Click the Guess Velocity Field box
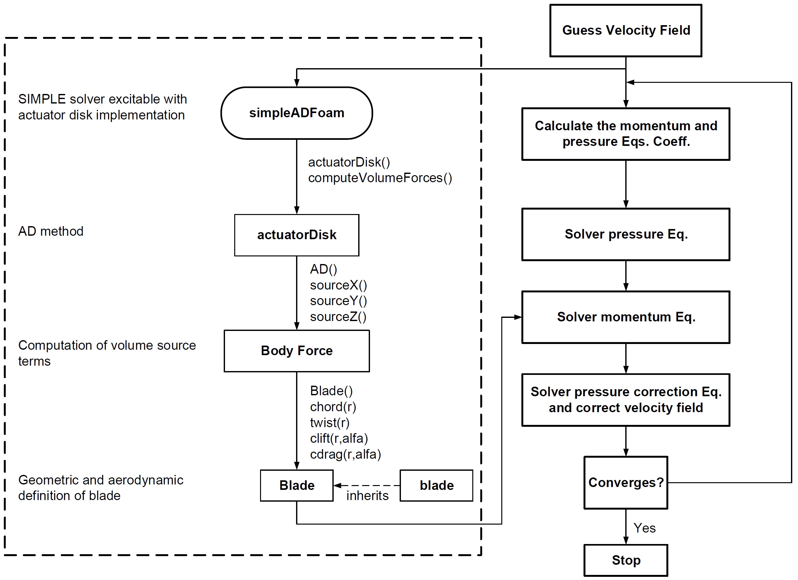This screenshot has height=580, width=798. coord(626,31)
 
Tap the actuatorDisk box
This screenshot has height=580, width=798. coord(297,235)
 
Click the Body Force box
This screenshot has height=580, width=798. coord(297,351)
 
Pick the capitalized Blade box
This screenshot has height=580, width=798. coord(297,485)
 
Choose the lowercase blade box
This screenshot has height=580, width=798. coord(436,485)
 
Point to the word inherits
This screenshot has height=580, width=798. coord(367,496)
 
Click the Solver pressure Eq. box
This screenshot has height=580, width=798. coord(626,234)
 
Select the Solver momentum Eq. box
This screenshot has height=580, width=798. coord(626,317)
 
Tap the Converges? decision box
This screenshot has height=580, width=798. coord(626,483)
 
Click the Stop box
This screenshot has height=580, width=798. coord(626,560)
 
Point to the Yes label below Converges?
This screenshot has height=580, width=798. coord(644,528)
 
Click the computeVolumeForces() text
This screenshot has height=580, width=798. coord(380,178)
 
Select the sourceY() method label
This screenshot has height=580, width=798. coord(338,301)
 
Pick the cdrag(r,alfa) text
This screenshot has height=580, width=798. coord(345,454)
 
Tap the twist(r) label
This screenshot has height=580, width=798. coord(330,422)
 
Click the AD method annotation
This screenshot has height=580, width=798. coord(51,232)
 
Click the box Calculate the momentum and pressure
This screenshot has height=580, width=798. coord(626,134)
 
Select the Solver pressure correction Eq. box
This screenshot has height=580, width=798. coord(626,400)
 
